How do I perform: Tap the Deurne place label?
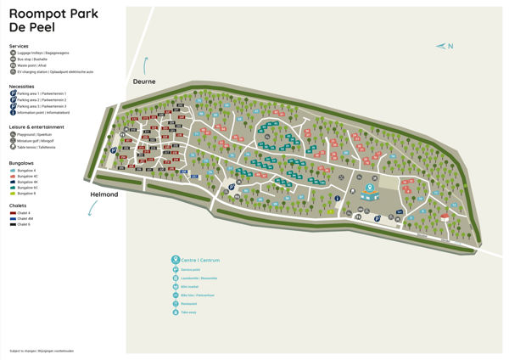(x=145, y=82)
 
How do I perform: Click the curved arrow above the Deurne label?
(x=146, y=65)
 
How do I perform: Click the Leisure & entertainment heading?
(x=36, y=127)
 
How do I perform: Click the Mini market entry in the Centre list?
(x=188, y=286)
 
